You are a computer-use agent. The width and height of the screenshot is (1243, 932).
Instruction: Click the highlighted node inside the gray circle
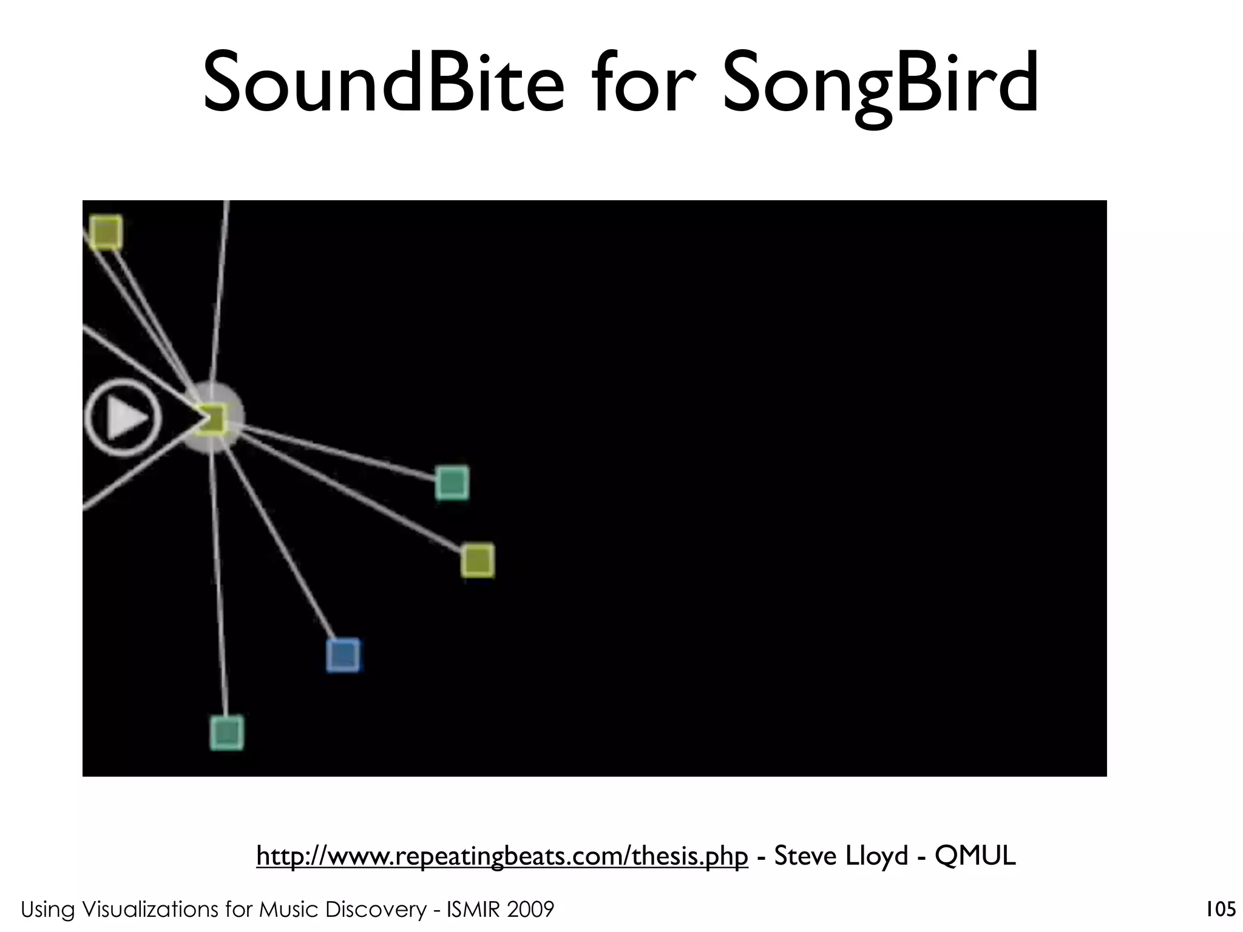pyautogui.click(x=212, y=418)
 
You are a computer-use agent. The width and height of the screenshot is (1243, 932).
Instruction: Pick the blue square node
pyautogui.click(x=344, y=655)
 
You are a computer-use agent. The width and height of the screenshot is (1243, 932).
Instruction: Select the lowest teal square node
pyautogui.click(x=226, y=732)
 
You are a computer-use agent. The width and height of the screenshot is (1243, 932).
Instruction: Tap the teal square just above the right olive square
pyautogui.click(x=452, y=483)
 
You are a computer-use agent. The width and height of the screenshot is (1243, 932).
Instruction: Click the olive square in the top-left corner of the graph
pyautogui.click(x=106, y=232)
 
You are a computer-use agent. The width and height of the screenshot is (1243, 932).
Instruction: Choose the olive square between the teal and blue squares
pyautogui.click(x=477, y=560)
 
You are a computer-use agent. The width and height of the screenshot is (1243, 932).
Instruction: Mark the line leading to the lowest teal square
pyautogui.click(x=220, y=582)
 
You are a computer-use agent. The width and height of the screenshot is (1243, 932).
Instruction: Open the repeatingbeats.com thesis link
pyautogui.click(x=502, y=856)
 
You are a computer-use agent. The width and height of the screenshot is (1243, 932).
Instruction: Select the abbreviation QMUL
pyautogui.click(x=975, y=856)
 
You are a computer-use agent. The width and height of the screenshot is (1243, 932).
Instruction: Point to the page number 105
pyautogui.click(x=1221, y=909)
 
